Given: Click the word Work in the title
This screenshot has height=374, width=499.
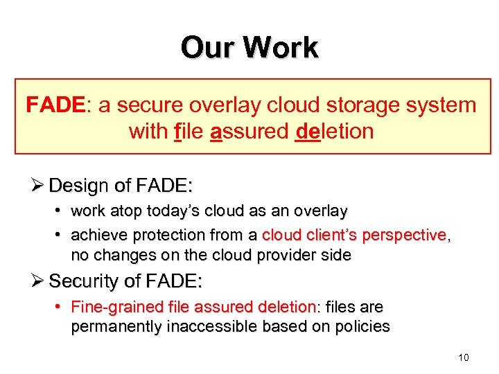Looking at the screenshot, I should point(281,48).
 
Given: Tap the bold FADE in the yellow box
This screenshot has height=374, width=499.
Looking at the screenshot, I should point(55,105).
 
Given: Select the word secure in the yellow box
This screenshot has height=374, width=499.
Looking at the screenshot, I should point(147,105).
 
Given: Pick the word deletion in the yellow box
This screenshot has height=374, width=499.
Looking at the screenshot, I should point(333,131).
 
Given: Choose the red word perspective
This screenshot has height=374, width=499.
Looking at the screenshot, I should point(408,235).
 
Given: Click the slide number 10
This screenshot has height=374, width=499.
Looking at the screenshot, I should point(463,357).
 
